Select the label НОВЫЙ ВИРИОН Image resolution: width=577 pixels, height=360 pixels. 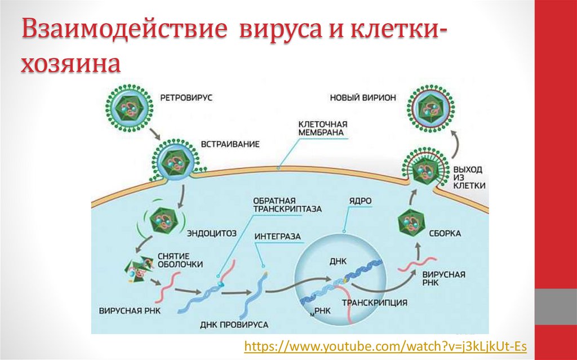(363, 97)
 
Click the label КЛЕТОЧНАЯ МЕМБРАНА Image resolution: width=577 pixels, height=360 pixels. (322, 128)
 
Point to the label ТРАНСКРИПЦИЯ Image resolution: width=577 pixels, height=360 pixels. (374, 303)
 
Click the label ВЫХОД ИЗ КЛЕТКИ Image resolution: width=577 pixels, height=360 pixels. (468, 177)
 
